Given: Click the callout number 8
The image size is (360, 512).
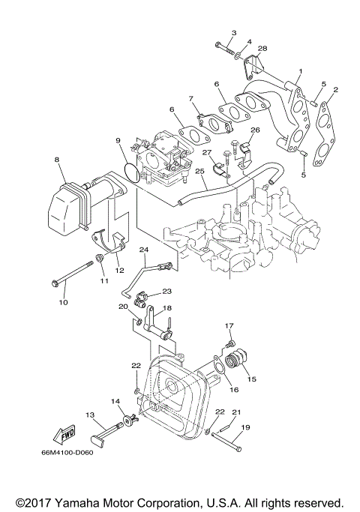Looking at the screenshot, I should (x=56, y=160).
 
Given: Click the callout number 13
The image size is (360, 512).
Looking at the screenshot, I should (x=89, y=415).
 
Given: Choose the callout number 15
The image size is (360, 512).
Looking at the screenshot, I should (x=251, y=379).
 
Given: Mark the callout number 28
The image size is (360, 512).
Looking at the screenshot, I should (x=262, y=49).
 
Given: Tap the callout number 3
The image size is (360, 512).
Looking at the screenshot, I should (x=233, y=33).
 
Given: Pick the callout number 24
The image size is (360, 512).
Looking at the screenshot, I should (x=144, y=249).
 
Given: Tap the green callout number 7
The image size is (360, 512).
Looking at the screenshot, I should (x=191, y=98).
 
